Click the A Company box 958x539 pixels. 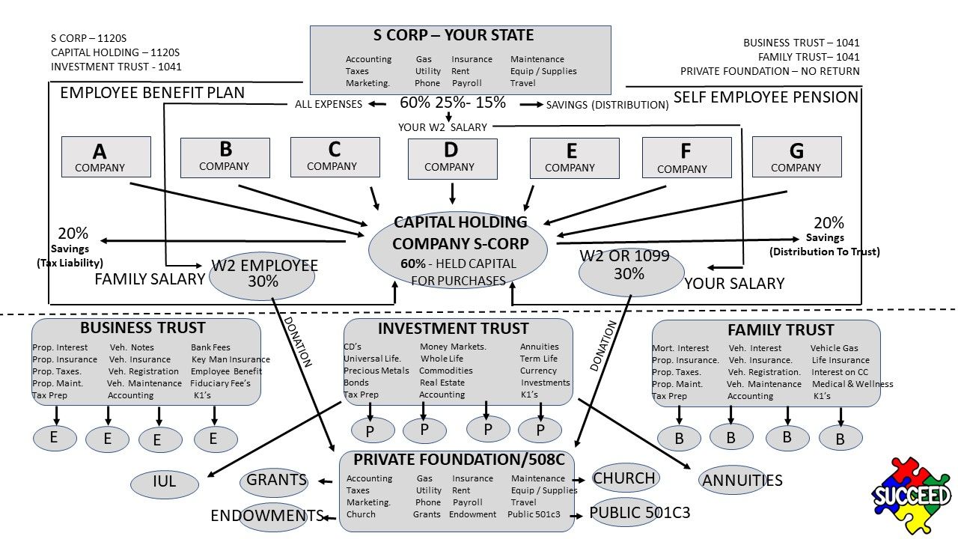(x=106, y=156)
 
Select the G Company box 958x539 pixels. (x=796, y=156)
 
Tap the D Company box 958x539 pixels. (x=452, y=158)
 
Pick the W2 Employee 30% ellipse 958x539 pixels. (x=262, y=275)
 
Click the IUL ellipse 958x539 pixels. (x=164, y=483)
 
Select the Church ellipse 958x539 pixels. (x=624, y=478)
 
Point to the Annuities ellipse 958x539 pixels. (x=742, y=481)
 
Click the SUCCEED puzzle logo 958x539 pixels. (x=911, y=495)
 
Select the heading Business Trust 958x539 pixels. (x=142, y=328)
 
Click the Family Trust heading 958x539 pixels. (x=780, y=329)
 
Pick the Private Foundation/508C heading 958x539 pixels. (x=459, y=458)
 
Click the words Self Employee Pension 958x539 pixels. (x=766, y=97)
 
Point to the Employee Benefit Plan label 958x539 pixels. (x=152, y=93)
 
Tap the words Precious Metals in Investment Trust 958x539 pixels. (x=376, y=371)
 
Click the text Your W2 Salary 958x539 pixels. (x=442, y=127)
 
